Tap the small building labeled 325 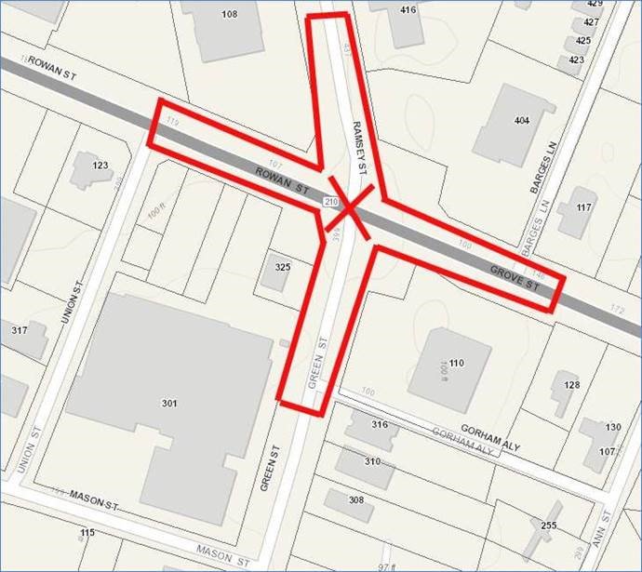tap(283, 267)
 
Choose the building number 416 tap(408, 10)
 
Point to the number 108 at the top tap(229, 14)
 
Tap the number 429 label tap(595, 4)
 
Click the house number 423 tap(576, 60)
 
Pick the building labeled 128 tap(571, 384)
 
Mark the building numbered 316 tap(379, 424)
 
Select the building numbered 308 tap(355, 499)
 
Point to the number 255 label tap(548, 525)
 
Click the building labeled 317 tap(20, 331)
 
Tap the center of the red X tap(351, 213)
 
